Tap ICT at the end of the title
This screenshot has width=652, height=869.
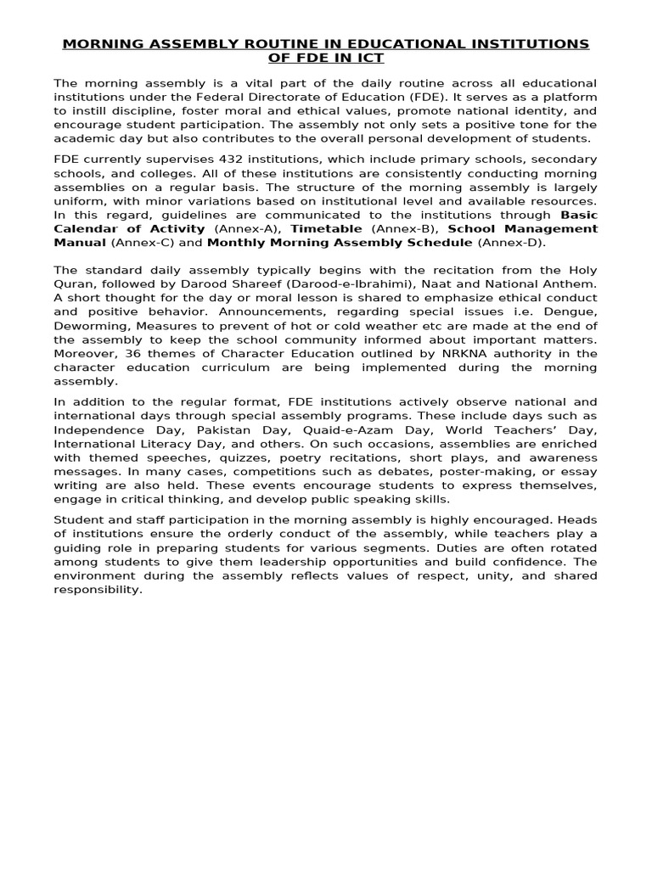(367, 59)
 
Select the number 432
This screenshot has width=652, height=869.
(234, 160)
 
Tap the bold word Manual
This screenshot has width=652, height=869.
(80, 243)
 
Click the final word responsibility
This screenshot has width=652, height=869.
(98, 589)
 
